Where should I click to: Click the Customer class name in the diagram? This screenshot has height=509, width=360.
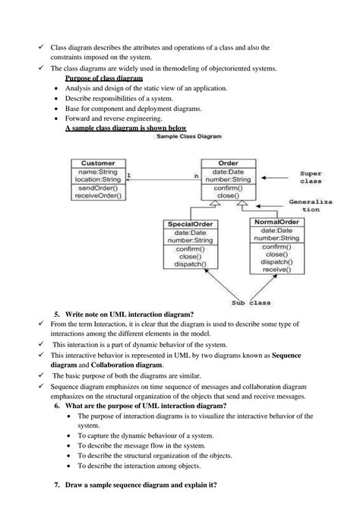[x=98, y=163]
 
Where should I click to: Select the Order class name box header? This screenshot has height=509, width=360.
[x=228, y=163]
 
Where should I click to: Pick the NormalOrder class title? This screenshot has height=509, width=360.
[x=276, y=221]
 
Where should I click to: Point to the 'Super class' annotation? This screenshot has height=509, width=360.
[x=310, y=178]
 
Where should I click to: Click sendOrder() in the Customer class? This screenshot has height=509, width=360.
[x=98, y=187]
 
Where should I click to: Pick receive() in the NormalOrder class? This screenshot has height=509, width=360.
[x=276, y=268]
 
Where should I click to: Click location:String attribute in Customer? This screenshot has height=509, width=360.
[x=98, y=179]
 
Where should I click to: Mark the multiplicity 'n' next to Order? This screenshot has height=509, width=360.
[x=196, y=176]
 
